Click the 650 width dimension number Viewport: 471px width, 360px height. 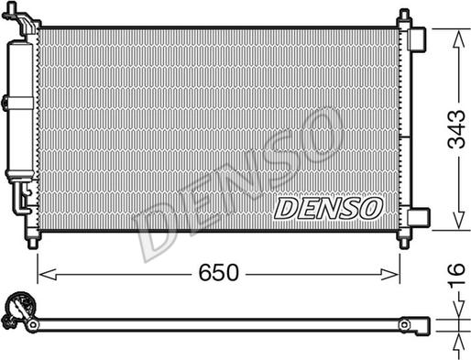click(218, 273)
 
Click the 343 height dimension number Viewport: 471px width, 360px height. click(456, 129)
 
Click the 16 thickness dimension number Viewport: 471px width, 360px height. click(456, 274)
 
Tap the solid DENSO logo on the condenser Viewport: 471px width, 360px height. click(328, 208)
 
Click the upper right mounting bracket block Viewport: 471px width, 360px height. click(417, 39)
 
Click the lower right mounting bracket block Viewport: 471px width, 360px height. click(419, 217)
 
